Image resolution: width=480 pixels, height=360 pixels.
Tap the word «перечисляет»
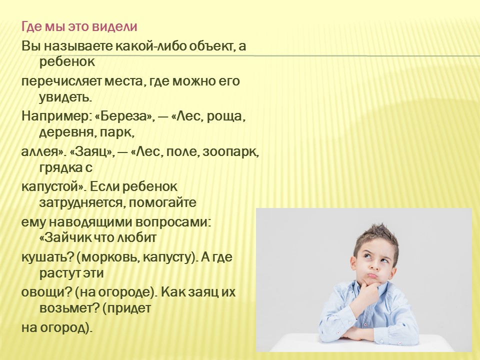pos(61,82)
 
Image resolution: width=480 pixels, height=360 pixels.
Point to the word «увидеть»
pos(65,97)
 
